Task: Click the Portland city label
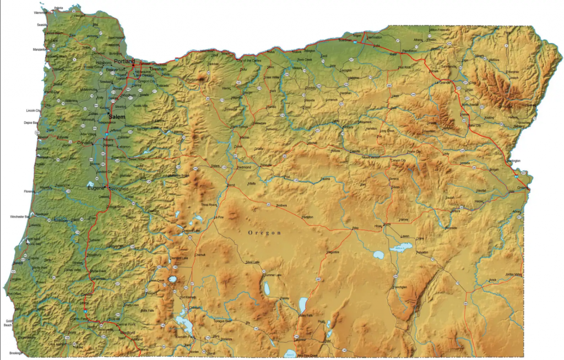point(124,61)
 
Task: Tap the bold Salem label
point(117,117)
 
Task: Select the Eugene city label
point(96,189)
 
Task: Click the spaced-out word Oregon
point(264,233)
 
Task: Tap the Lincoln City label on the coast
point(34,111)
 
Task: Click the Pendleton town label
point(410,50)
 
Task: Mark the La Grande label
point(442,83)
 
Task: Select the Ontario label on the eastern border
point(523,188)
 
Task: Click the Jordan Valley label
point(513,274)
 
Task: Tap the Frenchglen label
point(400,287)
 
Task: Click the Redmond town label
point(243,167)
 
